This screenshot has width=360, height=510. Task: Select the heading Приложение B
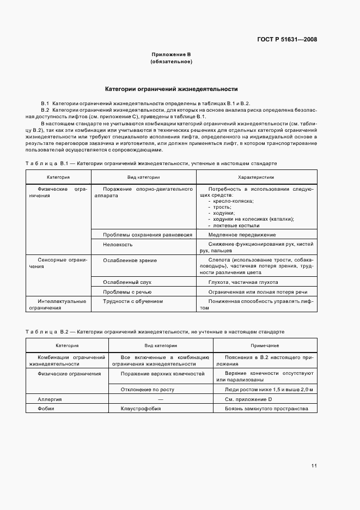tap(171, 55)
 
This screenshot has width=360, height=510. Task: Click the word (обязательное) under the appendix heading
tap(171, 62)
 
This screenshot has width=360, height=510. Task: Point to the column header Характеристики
tap(256, 177)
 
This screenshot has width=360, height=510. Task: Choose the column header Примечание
tap(265, 345)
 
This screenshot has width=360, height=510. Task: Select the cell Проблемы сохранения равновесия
tap(148, 234)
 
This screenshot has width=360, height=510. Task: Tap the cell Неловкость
tap(118, 245)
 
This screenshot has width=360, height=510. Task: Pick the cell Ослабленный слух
tap(127, 282)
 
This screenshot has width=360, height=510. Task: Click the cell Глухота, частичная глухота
tap(243, 282)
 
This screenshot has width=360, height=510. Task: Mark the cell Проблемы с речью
tap(127, 292)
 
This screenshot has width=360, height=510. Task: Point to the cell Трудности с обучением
tap(133, 301)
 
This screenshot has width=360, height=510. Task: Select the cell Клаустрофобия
tap(141, 409)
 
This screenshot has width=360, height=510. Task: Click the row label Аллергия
tap(50, 399)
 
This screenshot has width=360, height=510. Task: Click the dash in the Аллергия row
tap(160, 399)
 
